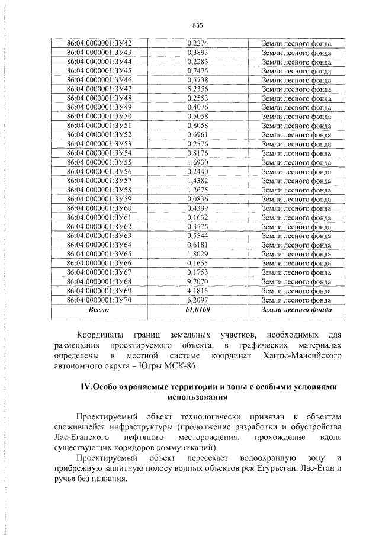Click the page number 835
198,25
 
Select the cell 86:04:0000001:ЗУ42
99,43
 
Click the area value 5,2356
197,88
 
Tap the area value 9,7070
197,281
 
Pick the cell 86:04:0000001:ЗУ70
99,300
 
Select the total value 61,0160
198,309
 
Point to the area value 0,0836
197,198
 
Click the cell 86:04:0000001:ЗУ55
99,162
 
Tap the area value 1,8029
197,253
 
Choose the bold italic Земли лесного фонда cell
297,309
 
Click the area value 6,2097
197,300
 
